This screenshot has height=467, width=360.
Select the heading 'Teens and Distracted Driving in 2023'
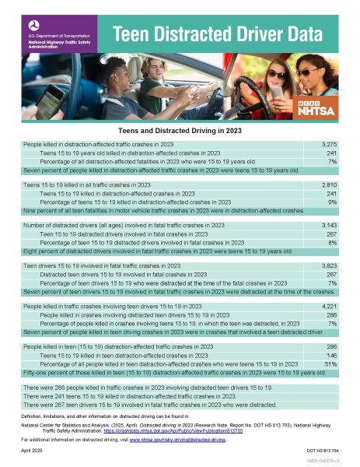point(180,132)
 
